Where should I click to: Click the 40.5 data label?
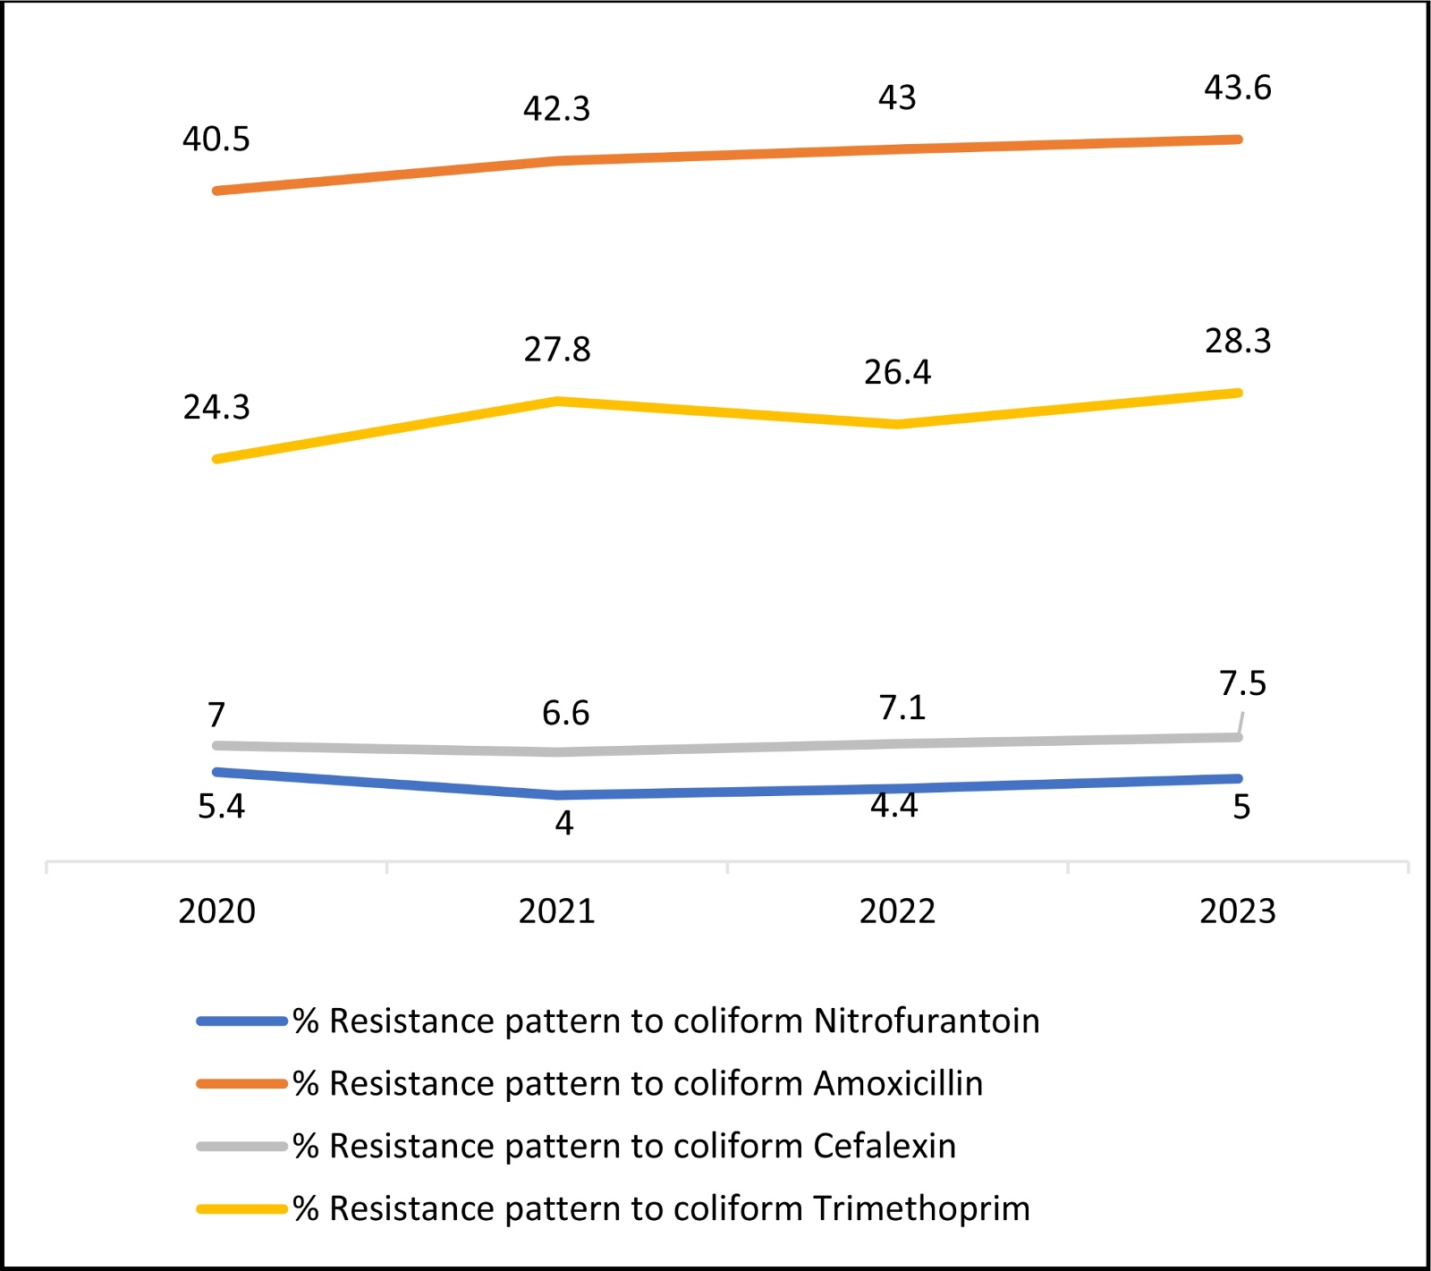(216, 140)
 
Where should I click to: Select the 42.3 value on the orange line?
(556, 109)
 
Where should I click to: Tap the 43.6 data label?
(1238, 88)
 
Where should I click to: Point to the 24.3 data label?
(216, 408)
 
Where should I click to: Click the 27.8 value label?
(557, 350)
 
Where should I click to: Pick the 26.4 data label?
(897, 372)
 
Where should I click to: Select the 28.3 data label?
(1238, 342)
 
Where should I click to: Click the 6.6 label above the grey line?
(565, 714)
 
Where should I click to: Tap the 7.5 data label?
(1243, 684)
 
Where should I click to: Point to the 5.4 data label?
(221, 807)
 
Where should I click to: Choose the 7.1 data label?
(902, 708)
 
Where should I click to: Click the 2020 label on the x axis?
(216, 911)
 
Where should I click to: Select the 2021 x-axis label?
(557, 911)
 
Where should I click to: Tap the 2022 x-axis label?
(897, 911)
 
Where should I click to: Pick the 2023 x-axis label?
(1238, 911)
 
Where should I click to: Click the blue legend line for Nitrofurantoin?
(241, 1021)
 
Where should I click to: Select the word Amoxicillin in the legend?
(898, 1084)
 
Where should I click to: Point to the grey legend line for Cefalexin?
(241, 1147)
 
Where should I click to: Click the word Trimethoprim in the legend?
(921, 1209)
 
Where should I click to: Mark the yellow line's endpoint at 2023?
(1238, 393)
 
